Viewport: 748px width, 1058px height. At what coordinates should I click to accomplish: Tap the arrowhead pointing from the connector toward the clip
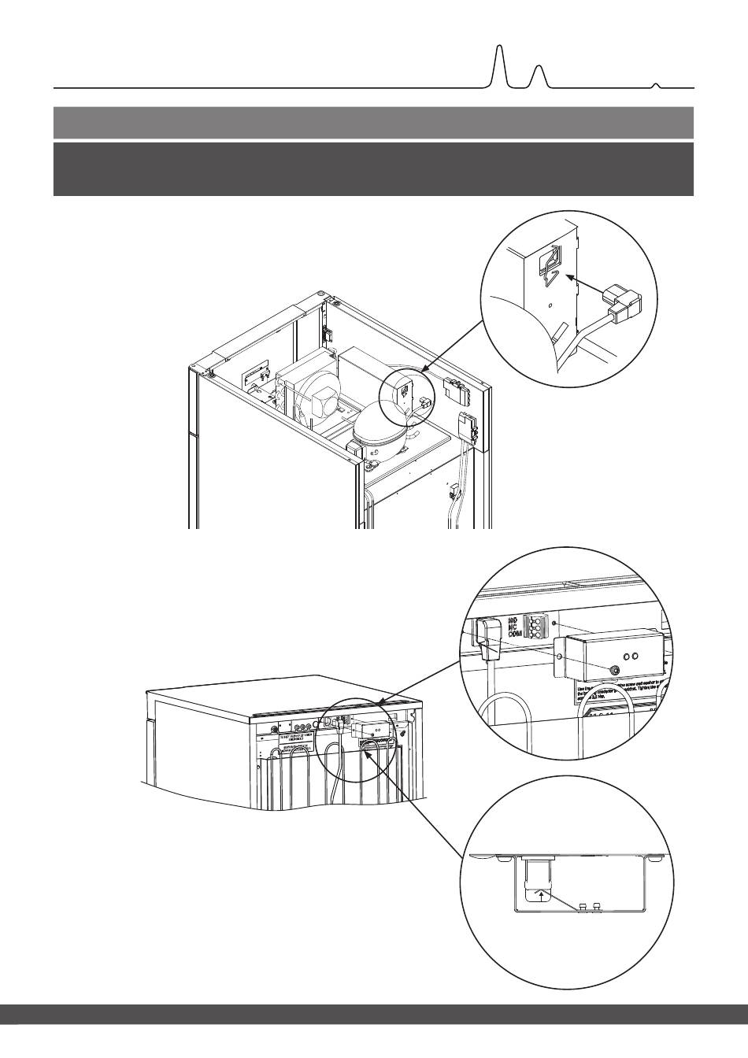[569, 277]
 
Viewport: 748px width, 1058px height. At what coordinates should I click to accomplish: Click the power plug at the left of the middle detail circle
[489, 638]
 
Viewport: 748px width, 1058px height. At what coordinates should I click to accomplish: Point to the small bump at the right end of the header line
[656, 83]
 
